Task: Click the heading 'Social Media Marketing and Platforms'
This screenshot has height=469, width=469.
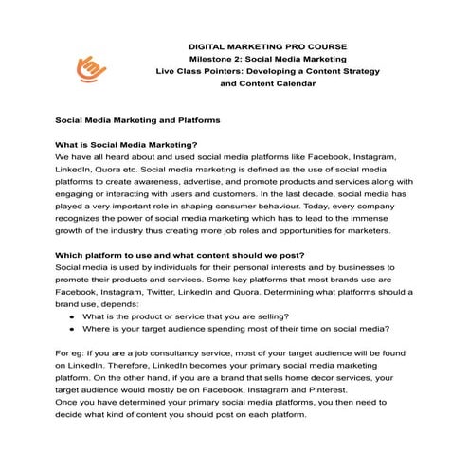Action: (137, 121)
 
